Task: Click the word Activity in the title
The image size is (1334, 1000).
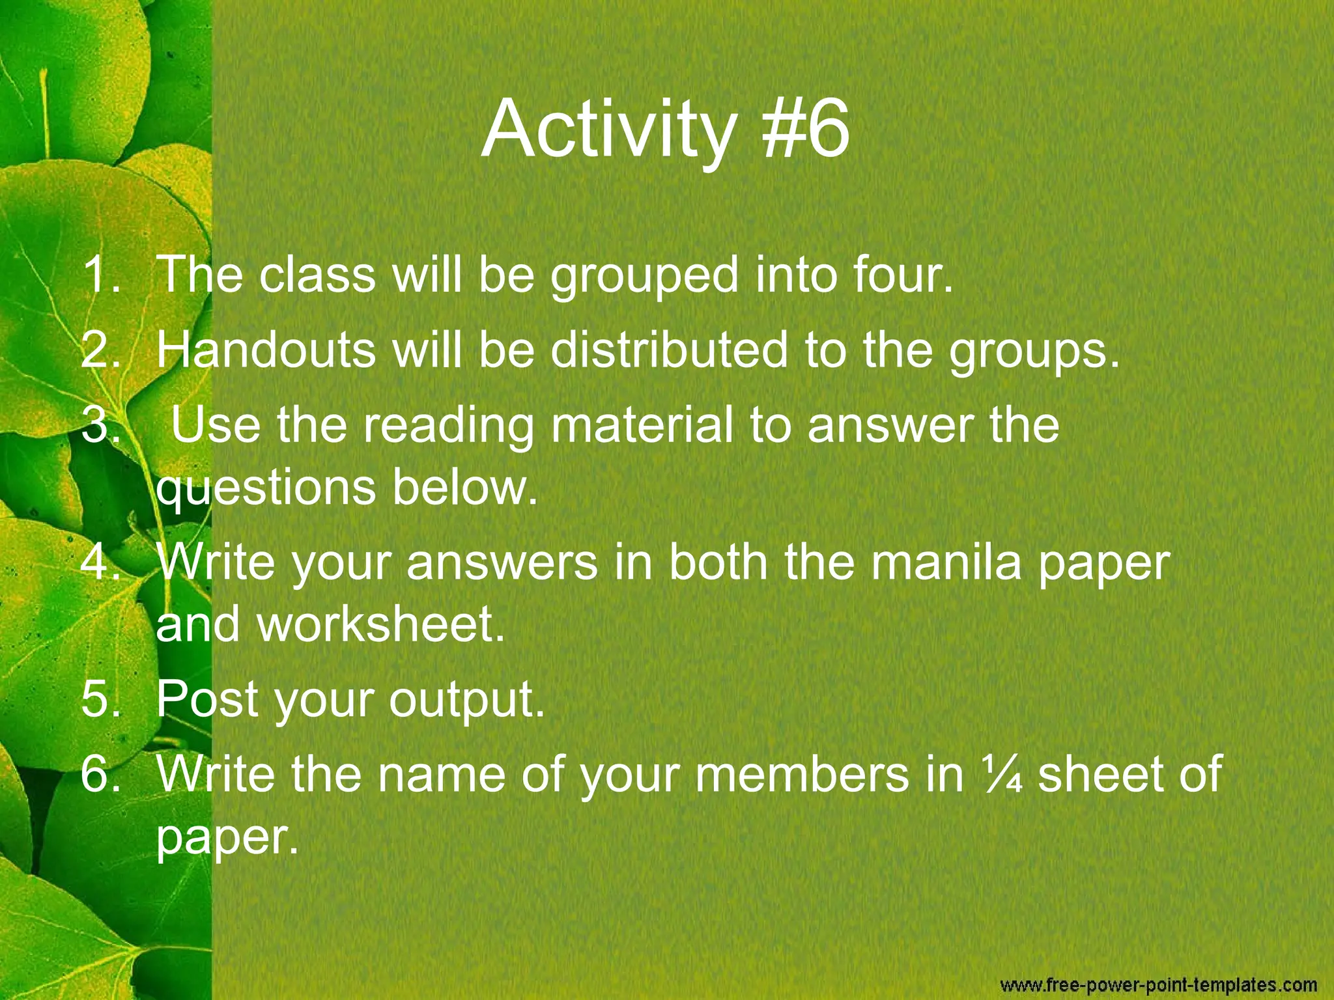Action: pyautogui.click(x=609, y=130)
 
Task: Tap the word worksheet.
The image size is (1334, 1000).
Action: pyautogui.click(x=381, y=625)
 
